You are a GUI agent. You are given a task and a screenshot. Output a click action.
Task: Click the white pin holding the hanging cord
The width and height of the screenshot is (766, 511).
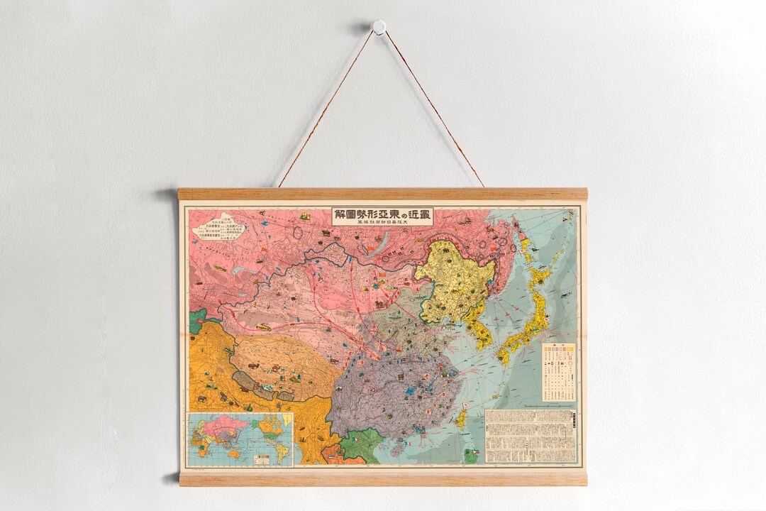click(x=379, y=27)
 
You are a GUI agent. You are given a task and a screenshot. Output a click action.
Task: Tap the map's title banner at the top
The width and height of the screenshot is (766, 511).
click(x=382, y=216)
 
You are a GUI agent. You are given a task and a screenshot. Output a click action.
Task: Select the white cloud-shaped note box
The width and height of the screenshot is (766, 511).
click(x=218, y=226)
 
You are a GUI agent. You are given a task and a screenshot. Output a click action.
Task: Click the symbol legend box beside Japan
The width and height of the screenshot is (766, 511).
click(x=558, y=373)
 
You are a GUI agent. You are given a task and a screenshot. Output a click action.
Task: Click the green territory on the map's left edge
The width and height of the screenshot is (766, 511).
click(x=196, y=322)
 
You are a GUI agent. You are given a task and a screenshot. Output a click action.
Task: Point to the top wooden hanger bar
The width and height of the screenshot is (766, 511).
click(x=382, y=194)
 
